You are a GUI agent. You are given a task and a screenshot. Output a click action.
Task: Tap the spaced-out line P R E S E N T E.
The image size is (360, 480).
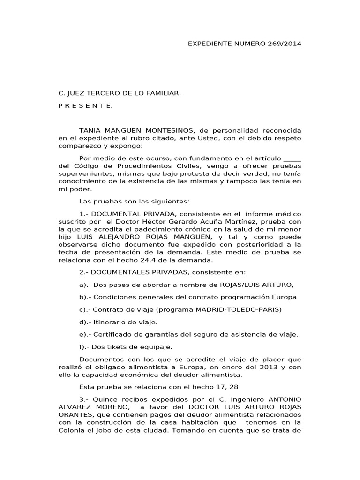click(x=86, y=106)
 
